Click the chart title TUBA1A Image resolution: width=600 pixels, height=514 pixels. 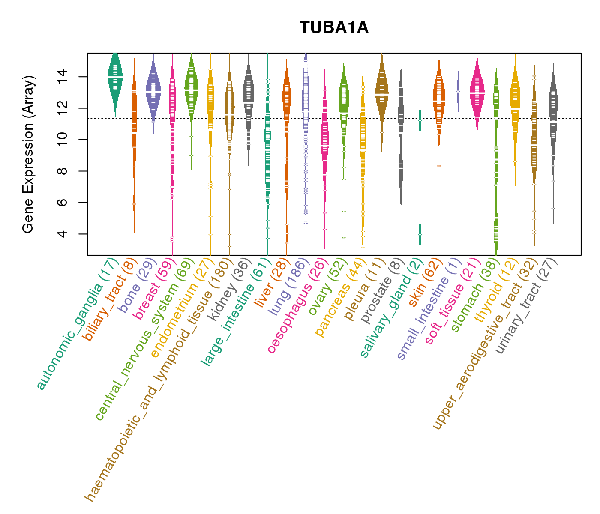pyautogui.click(x=334, y=27)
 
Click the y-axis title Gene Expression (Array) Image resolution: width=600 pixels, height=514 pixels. pyautogui.click(x=28, y=154)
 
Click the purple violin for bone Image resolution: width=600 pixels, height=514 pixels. pyautogui.click(x=153, y=90)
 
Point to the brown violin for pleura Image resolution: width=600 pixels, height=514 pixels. pyautogui.click(x=381, y=94)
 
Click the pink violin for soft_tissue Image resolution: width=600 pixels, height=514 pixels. pyautogui.click(x=477, y=92)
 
